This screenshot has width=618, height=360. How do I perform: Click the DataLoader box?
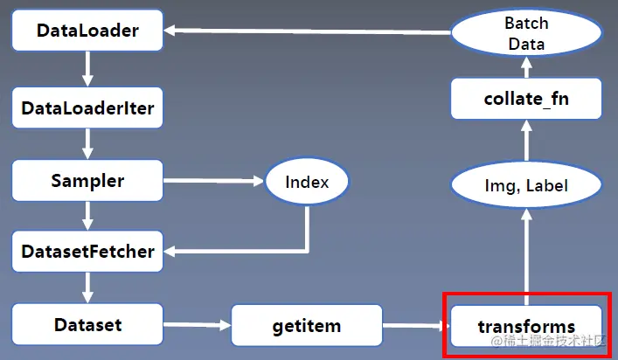point(87,31)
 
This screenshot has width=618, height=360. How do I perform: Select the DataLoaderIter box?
point(87,108)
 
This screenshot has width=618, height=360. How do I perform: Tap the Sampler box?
point(87,182)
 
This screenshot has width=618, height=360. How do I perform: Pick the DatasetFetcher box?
point(87,253)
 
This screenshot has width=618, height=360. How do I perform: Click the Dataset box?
point(87,325)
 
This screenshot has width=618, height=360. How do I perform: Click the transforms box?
point(526,326)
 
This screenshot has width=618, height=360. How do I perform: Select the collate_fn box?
point(526,99)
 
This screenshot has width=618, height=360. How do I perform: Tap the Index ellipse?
point(307,183)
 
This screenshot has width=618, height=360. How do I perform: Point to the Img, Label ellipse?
point(526,185)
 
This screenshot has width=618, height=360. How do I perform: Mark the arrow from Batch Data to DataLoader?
point(306,31)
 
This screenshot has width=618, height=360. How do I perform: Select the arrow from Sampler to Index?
point(213,182)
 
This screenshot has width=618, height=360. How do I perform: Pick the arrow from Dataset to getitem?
point(197,326)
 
